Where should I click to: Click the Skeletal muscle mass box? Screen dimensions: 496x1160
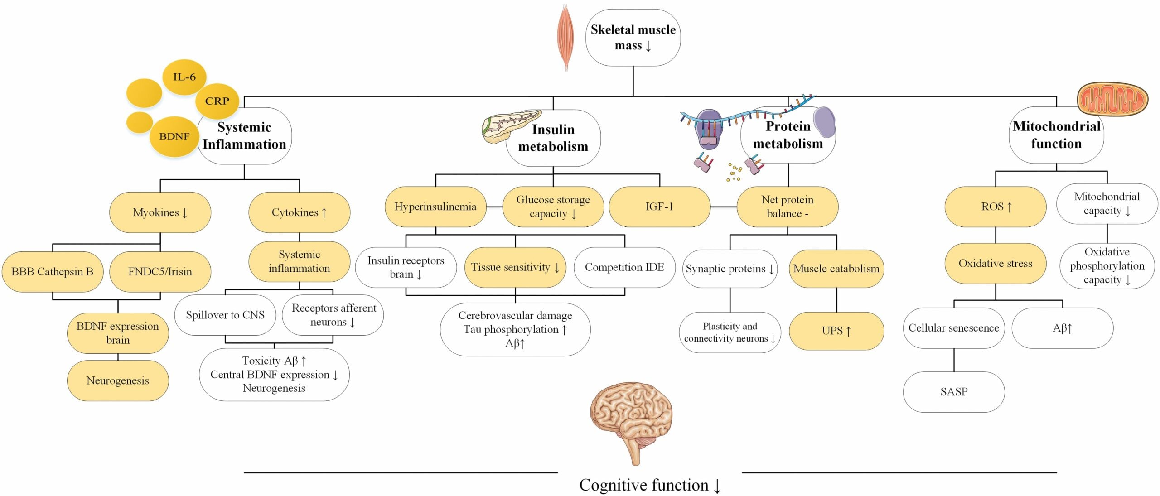tap(633, 38)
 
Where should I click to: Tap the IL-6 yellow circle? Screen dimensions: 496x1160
tap(184, 77)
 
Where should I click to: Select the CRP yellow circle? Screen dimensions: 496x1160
tap(217, 101)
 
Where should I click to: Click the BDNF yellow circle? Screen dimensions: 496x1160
tap(174, 136)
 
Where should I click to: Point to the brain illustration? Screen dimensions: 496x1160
tap(631, 419)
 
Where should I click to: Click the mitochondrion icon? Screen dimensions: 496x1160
tap(1112, 99)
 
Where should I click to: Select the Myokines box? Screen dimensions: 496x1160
tap(160, 212)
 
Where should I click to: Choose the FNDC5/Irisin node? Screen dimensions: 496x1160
tap(160, 271)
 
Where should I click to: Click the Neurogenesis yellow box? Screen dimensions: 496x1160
tap(118, 380)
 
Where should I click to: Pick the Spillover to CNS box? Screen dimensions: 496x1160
tap(225, 315)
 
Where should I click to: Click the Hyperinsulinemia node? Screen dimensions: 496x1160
tap(435, 207)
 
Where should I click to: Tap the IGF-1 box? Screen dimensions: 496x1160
tap(659, 207)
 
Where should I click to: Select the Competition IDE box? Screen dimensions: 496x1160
tap(624, 267)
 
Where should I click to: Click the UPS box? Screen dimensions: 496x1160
tap(836, 331)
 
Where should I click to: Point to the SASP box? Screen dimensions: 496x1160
tap(954, 391)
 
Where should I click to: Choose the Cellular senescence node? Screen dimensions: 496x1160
tap(954, 328)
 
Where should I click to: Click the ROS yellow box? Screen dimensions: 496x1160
tap(996, 207)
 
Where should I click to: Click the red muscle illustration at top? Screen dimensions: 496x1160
tap(565, 36)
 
